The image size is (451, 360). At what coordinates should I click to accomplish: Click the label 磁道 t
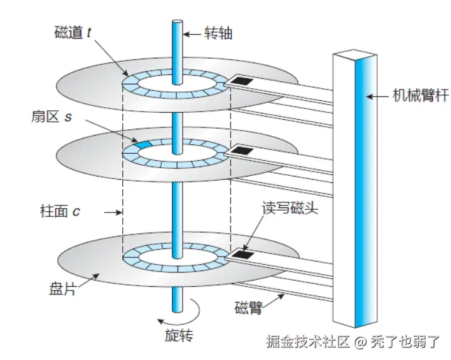click(73, 32)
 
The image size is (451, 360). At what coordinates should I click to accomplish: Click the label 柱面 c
click(60, 211)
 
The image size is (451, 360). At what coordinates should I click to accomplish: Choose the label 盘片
click(62, 291)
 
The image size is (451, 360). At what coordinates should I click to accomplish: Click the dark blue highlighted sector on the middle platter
click(144, 145)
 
